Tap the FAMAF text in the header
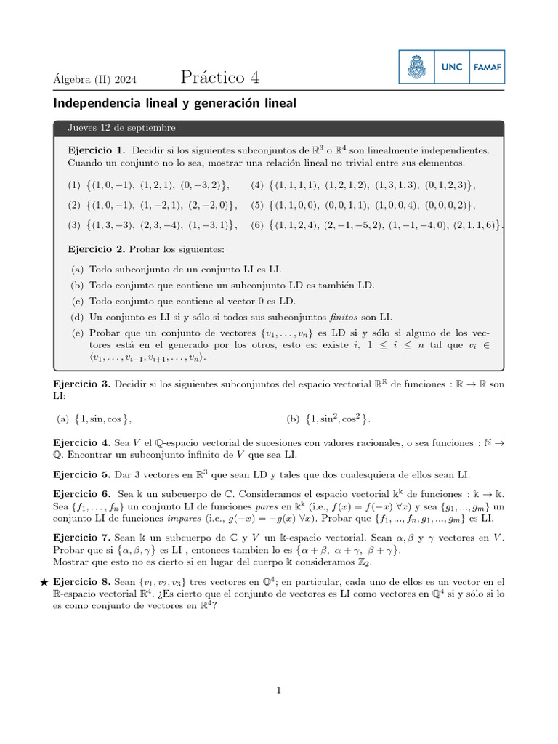pos(488,67)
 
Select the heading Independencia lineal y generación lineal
pos(174,103)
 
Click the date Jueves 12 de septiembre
pos(121,128)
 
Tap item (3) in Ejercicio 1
pos(153,225)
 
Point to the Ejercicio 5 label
pos(81,474)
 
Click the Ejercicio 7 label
pos(81,538)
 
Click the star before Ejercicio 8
pos(44,582)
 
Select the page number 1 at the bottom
pos(278,690)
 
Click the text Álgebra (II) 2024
pos(95,79)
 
